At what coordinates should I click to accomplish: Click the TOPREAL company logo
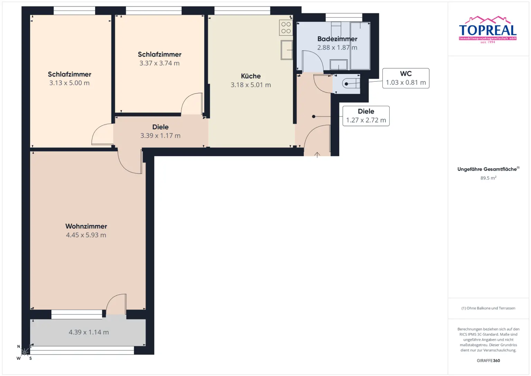pos(488,30)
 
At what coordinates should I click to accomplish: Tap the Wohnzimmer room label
pos(86,226)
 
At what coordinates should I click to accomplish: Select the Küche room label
pos(251,76)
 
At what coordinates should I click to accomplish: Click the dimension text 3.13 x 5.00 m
pos(69,83)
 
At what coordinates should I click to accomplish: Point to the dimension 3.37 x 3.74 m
pos(159,63)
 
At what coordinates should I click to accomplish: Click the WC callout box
pos(406,78)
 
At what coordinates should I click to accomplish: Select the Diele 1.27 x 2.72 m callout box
pos(366,116)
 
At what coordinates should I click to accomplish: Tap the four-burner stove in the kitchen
pos(286,28)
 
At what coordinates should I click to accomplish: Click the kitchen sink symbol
pos(287,50)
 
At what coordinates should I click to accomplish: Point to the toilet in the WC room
pos(351,83)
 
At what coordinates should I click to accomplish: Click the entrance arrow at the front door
pos(317,155)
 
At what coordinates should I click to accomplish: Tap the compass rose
pos(25,352)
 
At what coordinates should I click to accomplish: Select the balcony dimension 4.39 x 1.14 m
pos(88,332)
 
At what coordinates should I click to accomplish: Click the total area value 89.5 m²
pos(488,178)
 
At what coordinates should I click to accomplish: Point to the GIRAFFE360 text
pos(488,360)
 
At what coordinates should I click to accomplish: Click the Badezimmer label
pos(337,39)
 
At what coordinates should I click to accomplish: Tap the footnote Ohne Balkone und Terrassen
pos(488,308)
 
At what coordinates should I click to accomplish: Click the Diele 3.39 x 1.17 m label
pos(160,131)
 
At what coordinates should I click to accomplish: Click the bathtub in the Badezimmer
pos(360,46)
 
